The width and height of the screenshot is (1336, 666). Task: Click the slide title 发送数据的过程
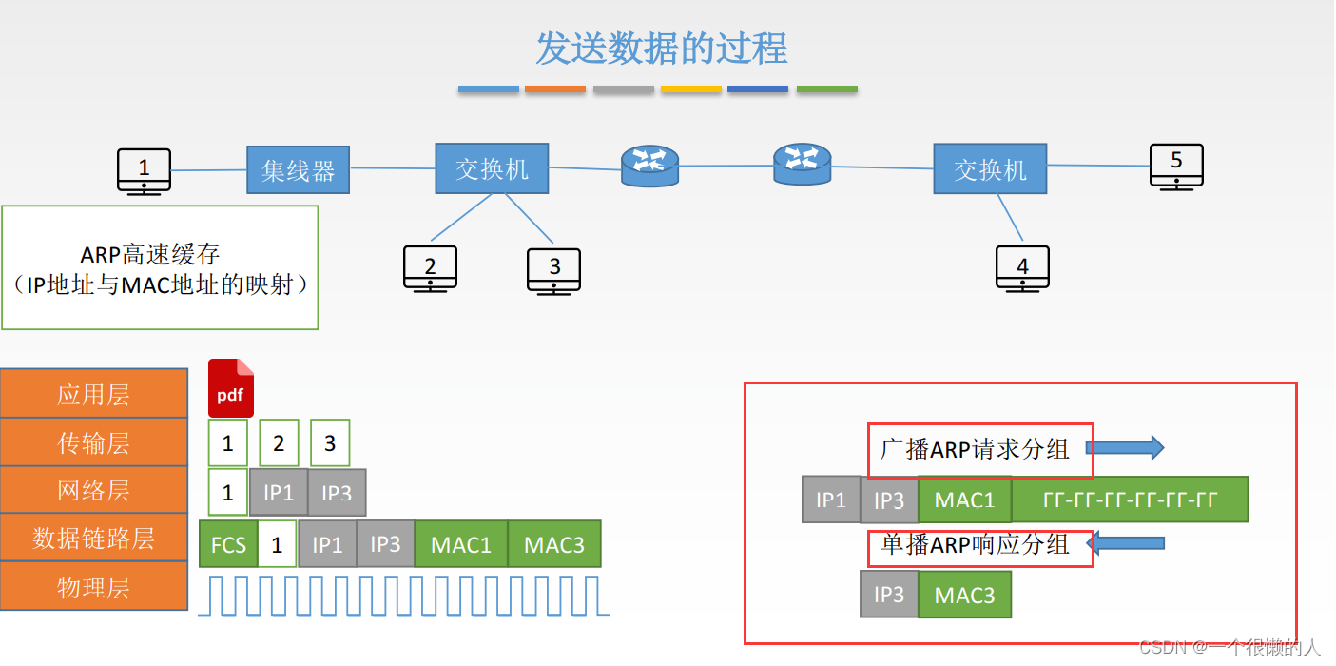(x=661, y=49)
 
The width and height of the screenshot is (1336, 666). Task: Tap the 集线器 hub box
(x=299, y=170)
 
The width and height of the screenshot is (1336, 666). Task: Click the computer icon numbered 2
(x=430, y=268)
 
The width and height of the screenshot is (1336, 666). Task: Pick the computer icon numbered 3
(x=554, y=270)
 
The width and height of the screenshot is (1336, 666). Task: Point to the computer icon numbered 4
(x=1022, y=268)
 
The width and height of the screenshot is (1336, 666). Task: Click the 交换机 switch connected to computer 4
(x=990, y=169)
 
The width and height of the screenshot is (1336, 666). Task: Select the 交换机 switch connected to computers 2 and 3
(x=492, y=168)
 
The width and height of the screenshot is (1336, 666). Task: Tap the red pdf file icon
(x=231, y=388)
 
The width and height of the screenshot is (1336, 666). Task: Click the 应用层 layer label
(x=93, y=395)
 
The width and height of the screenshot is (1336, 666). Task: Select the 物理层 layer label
(x=93, y=587)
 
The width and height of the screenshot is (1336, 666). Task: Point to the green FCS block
(x=228, y=545)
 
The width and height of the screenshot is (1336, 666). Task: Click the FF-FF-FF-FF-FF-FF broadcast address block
(x=1130, y=499)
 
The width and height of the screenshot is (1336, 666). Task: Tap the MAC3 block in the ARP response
(x=964, y=595)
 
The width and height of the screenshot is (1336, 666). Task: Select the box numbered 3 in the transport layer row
(x=330, y=443)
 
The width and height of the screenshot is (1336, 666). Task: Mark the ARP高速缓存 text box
(x=160, y=268)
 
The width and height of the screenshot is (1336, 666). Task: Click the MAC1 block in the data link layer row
(x=461, y=545)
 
